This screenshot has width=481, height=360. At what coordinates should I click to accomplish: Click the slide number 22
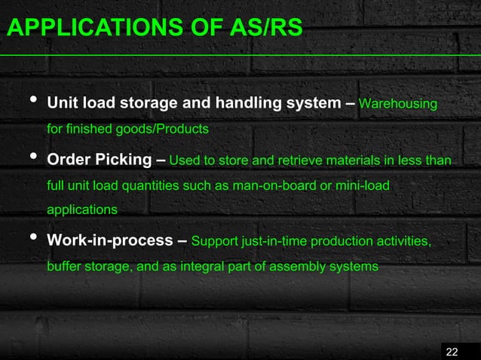pos(452,352)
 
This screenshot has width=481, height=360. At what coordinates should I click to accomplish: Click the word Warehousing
pos(398,103)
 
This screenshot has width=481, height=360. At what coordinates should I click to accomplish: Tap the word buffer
pos(63,267)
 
